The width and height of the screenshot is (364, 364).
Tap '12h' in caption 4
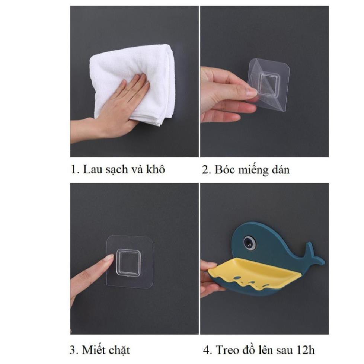click(306, 350)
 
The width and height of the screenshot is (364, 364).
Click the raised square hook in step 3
click(128, 262)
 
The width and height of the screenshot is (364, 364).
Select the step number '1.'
click(75, 169)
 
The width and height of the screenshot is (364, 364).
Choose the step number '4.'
click(207, 350)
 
